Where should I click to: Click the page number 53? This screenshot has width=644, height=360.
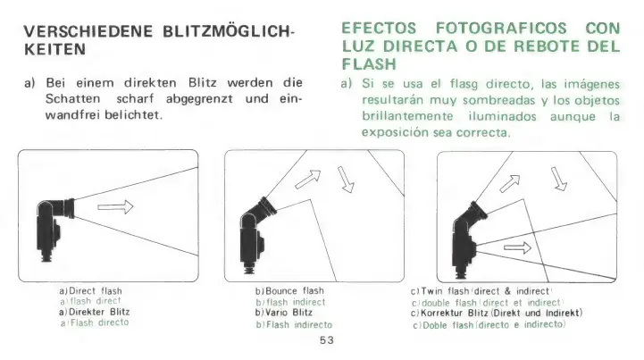[327, 340]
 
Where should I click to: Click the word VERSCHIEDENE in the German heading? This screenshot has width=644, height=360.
[88, 31]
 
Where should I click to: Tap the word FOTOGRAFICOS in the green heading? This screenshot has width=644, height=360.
[501, 29]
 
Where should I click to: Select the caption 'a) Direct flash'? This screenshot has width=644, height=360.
[90, 291]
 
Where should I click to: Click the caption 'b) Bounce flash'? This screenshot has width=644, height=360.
[289, 291]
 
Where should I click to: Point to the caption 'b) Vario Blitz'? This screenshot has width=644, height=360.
[284, 313]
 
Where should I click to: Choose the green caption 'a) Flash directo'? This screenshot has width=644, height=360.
[95, 323]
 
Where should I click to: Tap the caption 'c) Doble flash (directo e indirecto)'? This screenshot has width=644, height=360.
[489, 325]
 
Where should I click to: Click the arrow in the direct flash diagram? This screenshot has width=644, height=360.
[115, 206]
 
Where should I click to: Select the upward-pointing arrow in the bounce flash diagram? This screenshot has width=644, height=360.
[308, 180]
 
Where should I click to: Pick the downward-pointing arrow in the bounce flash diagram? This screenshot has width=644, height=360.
[346, 180]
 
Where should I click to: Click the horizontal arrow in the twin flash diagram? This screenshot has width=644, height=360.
[517, 247]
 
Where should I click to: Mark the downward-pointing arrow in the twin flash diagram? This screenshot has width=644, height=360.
[559, 179]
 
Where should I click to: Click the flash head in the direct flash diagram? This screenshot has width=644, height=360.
[68, 208]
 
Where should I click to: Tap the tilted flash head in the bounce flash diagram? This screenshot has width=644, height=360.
[266, 206]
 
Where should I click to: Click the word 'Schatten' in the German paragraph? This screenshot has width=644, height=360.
[72, 99]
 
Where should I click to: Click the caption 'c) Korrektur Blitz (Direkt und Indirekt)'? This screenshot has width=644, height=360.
[497, 314]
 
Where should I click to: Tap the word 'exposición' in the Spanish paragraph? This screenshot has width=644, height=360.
[395, 133]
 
